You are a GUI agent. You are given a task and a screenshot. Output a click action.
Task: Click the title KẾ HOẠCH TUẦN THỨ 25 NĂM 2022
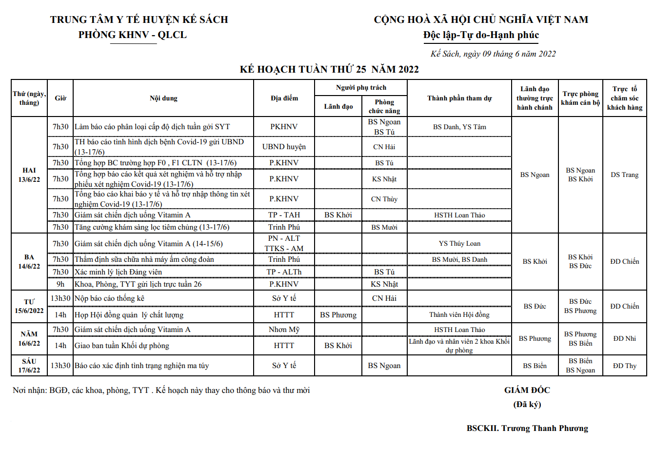click(329, 69)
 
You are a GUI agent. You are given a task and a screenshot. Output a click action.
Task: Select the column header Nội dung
click(163, 98)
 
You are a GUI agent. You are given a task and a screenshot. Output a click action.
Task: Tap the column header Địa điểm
click(284, 98)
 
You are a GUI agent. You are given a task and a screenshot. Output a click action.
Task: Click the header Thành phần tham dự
click(459, 98)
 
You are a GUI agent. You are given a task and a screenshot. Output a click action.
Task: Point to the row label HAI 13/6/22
click(29, 175)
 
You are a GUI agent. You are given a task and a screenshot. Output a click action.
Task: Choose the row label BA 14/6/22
click(29, 262)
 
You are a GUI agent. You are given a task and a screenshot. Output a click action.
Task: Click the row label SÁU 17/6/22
click(29, 366)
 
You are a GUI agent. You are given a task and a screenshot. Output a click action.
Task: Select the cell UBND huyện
click(284, 147)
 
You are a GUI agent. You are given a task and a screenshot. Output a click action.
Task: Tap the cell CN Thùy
click(384, 199)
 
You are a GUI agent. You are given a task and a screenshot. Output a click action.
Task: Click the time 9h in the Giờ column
click(60, 284)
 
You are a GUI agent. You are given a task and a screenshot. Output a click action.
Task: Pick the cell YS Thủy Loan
click(459, 243)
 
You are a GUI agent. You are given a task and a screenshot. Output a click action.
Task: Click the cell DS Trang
click(624, 175)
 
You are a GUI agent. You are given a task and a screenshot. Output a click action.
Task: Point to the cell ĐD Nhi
click(624, 338)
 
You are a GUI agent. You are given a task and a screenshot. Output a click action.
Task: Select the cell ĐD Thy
click(624, 366)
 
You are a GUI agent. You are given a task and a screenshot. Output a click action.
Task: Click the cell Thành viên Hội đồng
click(459, 315)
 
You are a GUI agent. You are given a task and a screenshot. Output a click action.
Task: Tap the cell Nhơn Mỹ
click(284, 330)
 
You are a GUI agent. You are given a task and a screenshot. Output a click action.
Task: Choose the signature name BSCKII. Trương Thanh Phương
click(527, 428)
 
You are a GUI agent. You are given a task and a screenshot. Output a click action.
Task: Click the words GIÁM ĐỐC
click(527, 390)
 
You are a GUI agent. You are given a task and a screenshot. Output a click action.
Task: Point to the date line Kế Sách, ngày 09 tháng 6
click(493, 54)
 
